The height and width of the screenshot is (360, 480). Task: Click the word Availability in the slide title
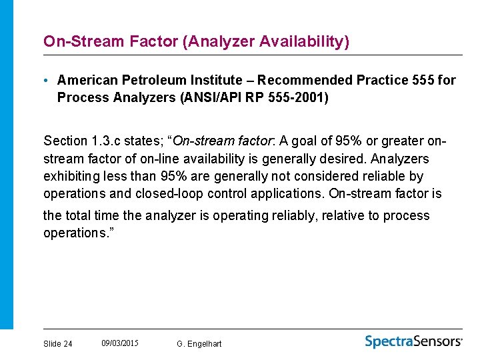click(303, 41)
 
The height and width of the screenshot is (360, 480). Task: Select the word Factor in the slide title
click(153, 41)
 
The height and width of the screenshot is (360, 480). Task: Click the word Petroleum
click(150, 81)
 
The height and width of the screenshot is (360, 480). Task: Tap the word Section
click(65, 141)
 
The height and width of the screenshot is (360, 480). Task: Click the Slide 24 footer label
click(58, 344)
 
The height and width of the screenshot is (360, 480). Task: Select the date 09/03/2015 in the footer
click(120, 343)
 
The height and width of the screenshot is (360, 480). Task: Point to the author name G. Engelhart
click(199, 344)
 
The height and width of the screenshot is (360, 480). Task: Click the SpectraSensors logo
click(413, 341)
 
